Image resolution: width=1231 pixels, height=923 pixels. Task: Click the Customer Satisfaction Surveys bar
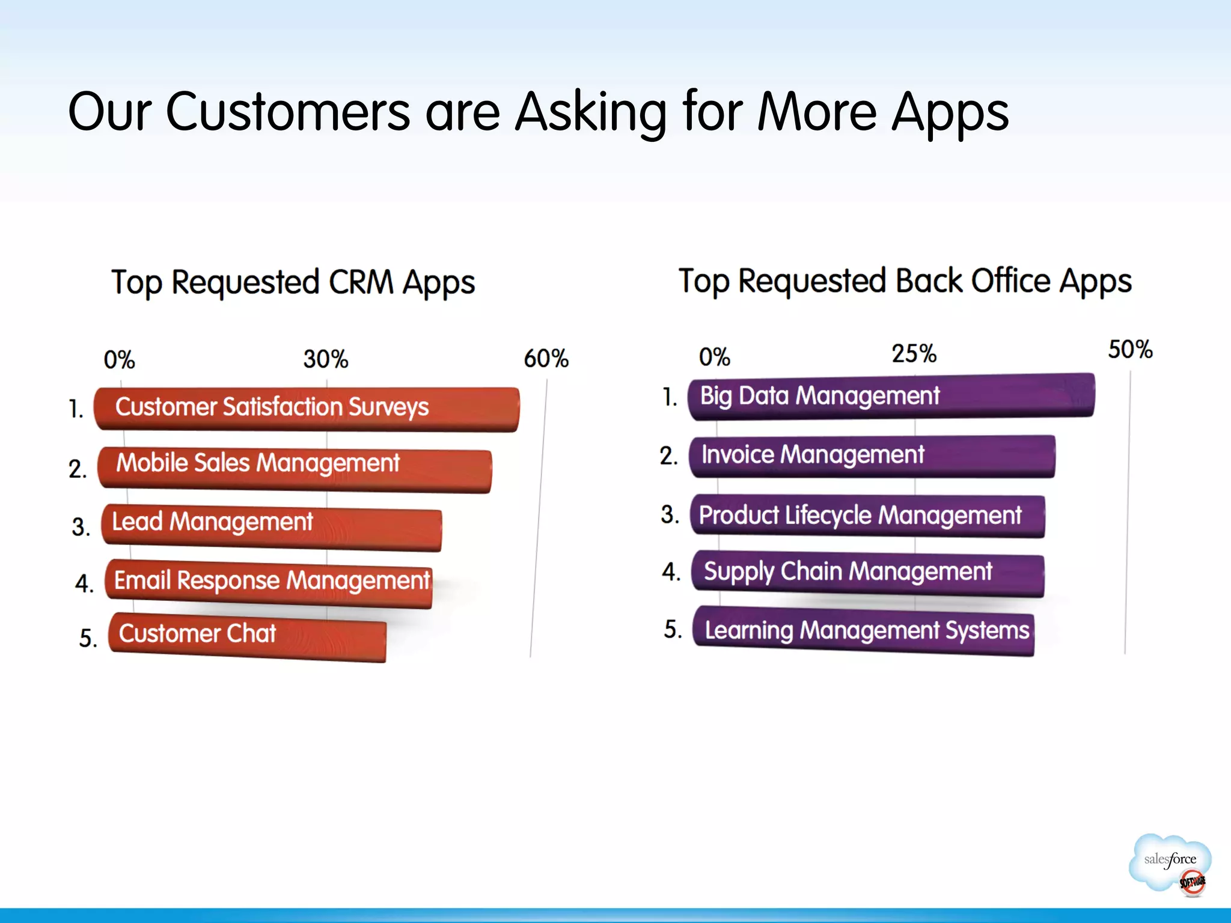tap(307, 409)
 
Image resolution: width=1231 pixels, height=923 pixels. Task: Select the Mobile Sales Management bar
tap(295, 469)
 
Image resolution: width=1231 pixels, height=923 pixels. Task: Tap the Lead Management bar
tap(272, 528)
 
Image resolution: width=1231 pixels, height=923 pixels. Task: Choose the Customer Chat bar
tap(247, 636)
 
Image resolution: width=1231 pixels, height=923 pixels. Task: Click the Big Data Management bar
tap(891, 397)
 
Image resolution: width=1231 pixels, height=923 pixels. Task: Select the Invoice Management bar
tap(872, 455)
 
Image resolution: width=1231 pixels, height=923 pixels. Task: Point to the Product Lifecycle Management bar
tap(867, 516)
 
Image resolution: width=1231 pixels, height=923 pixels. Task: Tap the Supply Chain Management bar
tap(867, 573)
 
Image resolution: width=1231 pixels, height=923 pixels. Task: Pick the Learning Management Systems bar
tap(863, 630)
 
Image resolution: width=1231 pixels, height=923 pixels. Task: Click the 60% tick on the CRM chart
tap(546, 359)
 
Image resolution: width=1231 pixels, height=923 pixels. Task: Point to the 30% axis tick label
tap(325, 359)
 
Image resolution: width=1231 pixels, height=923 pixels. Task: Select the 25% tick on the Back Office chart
tap(914, 354)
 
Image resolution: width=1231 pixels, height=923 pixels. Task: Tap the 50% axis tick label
tap(1130, 350)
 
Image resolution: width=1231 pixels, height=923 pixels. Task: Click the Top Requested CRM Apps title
tap(293, 282)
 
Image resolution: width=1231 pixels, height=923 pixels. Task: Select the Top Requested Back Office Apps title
tap(905, 281)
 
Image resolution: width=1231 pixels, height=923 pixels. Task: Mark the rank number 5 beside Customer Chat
tap(88, 638)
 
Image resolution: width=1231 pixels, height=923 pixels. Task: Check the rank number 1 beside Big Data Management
tap(669, 397)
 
